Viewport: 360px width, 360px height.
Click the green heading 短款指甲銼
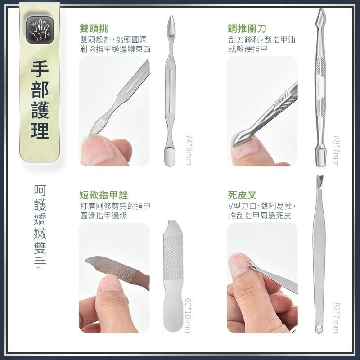tap(104, 195)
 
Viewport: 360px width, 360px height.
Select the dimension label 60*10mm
tap(187, 315)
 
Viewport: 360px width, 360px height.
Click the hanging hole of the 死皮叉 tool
tap(319, 327)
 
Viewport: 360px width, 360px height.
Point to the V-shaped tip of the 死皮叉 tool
tap(320, 180)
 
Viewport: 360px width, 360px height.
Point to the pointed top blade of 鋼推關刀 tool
tap(320, 16)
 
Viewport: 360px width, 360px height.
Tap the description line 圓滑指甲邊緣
tap(102, 216)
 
